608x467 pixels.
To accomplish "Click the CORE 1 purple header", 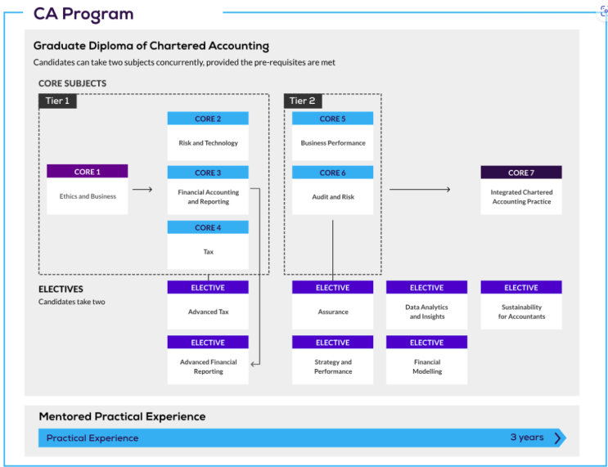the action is click(x=88, y=171).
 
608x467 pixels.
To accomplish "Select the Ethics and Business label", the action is click(x=88, y=196).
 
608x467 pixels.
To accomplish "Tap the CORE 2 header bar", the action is click(x=208, y=119).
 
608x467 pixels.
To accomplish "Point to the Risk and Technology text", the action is click(x=208, y=143).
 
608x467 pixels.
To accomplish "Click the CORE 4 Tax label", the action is click(x=208, y=252).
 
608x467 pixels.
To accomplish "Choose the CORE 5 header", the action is click(x=333, y=119).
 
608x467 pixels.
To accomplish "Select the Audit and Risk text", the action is click(x=333, y=197).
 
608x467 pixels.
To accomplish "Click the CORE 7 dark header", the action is click(x=521, y=173).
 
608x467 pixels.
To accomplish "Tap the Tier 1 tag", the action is click(x=57, y=101).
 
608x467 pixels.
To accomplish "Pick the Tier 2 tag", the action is click(x=303, y=101).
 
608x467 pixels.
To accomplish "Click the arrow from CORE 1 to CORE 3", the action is click(x=142, y=190).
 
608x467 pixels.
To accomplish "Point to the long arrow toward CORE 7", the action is click(x=420, y=190).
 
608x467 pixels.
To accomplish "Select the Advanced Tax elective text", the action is click(x=208, y=312).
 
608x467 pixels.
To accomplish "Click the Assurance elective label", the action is click(x=333, y=312).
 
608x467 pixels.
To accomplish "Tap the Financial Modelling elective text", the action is click(x=427, y=366).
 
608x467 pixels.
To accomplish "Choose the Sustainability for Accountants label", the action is click(x=521, y=312).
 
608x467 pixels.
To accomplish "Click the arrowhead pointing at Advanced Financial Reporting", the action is click(x=253, y=364).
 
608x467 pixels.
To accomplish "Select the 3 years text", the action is click(x=527, y=438).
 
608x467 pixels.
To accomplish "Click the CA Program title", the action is click(x=83, y=14).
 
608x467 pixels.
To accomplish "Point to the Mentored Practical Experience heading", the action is click(x=122, y=416).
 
